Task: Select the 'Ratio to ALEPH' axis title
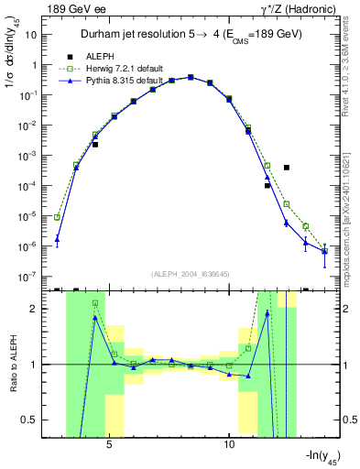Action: pyautogui.click(x=12, y=365)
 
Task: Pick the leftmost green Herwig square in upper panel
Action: pyautogui.click(x=57, y=217)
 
